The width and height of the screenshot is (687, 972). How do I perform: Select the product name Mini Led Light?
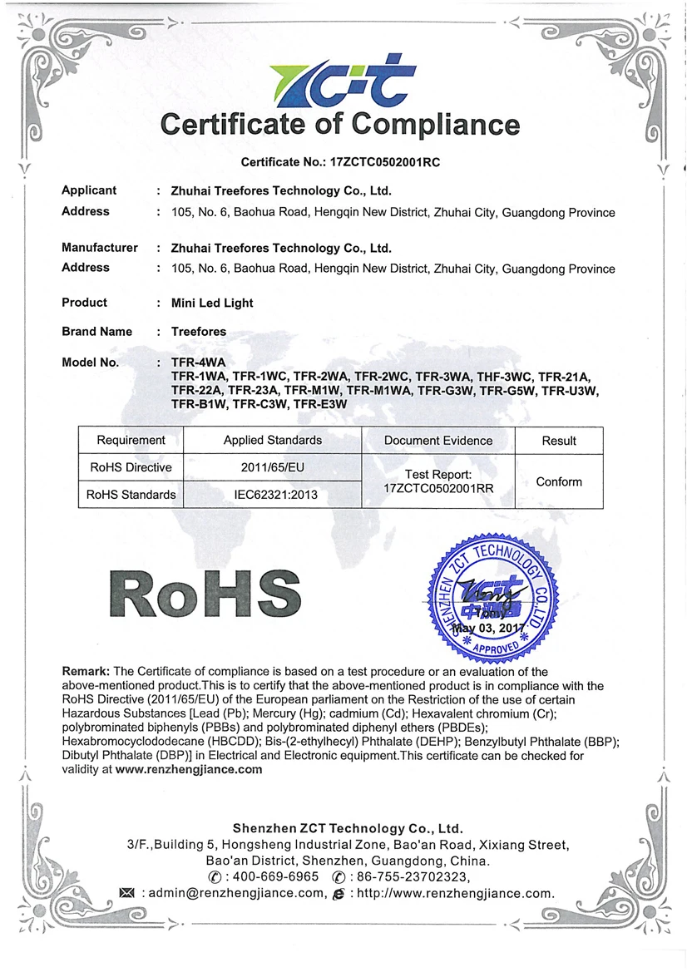212,303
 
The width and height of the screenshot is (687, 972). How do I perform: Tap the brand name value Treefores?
199,332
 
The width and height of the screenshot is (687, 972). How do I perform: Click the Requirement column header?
131,441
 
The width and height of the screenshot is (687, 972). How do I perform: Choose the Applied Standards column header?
273,441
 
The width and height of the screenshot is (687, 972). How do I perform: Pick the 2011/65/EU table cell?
273,467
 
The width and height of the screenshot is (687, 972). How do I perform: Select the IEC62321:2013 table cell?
273,495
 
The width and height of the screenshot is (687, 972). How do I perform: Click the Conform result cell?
559,481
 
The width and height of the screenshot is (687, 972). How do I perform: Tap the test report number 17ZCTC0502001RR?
438,489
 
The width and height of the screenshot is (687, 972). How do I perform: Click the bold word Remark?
86,672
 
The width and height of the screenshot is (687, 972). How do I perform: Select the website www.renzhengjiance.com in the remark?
189,770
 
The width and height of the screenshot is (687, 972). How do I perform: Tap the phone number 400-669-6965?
277,877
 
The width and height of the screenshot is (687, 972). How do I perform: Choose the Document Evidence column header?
438,441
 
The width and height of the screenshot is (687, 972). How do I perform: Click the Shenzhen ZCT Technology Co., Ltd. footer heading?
347,829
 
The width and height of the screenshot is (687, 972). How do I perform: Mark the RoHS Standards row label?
131,495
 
